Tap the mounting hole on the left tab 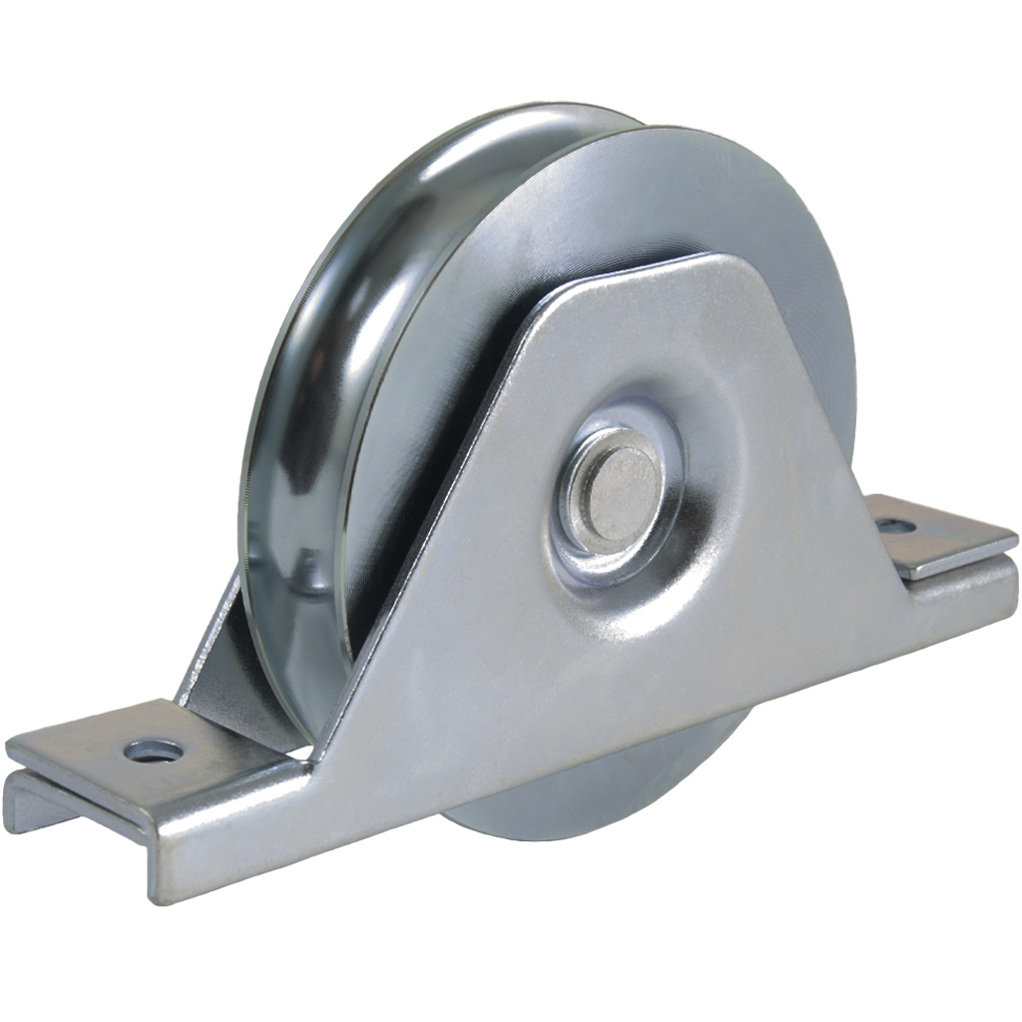[156, 751]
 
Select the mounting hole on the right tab [895, 524]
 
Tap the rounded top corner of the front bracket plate [714, 264]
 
